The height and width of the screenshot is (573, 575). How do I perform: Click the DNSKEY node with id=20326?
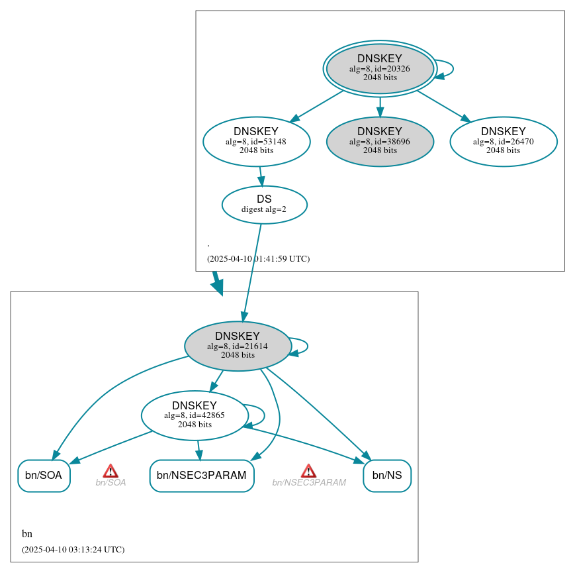point(380,68)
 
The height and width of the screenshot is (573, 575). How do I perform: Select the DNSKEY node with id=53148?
point(256,140)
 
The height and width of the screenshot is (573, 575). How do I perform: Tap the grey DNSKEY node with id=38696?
point(380,141)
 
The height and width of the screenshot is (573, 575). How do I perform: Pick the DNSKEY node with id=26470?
point(503,140)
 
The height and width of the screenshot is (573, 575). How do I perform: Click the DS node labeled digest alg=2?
point(264,204)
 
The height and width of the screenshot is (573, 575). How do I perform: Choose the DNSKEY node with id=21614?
point(238,345)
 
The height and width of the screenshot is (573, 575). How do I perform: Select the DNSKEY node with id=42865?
point(195,415)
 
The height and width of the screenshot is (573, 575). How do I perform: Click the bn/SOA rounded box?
point(44,476)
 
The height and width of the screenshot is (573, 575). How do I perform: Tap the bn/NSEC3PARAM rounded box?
point(202,476)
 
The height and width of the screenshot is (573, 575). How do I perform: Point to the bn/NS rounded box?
point(386,476)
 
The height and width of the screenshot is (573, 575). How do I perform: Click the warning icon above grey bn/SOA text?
point(111,470)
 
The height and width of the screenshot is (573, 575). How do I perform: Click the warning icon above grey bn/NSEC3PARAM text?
point(308,470)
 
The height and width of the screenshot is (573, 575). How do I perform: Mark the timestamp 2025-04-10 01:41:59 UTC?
point(258,259)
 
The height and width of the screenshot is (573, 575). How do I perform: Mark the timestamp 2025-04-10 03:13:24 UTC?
point(73,550)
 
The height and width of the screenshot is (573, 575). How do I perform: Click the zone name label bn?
point(27,534)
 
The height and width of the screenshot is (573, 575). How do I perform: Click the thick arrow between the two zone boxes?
point(217,283)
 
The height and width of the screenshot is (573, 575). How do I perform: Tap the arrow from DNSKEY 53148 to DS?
point(261,176)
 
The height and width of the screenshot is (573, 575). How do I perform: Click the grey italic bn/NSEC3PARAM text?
point(309,483)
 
